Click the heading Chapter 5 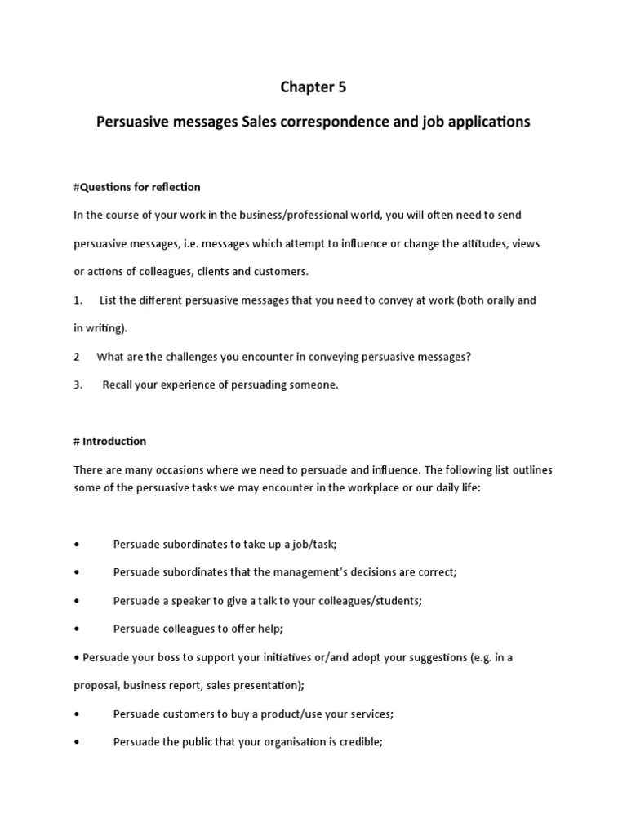pyautogui.click(x=313, y=87)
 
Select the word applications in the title pyautogui.click(x=490, y=122)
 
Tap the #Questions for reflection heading pyautogui.click(x=136, y=187)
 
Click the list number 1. pyautogui.click(x=78, y=300)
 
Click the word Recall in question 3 pyautogui.click(x=118, y=385)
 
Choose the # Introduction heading pyautogui.click(x=109, y=441)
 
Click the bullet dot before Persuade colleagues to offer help pyautogui.click(x=76, y=629)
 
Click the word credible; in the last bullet pyautogui.click(x=359, y=742)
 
